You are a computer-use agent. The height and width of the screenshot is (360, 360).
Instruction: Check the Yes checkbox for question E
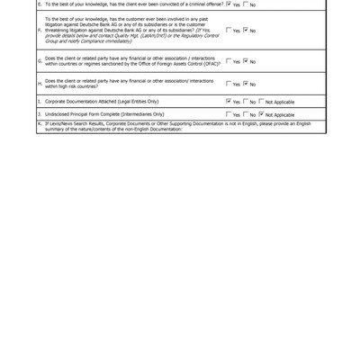click(229, 4)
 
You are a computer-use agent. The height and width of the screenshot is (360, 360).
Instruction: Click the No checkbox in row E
click(245, 4)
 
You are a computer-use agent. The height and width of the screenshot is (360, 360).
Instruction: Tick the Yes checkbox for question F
click(229, 31)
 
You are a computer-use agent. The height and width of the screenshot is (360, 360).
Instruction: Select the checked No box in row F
click(245, 31)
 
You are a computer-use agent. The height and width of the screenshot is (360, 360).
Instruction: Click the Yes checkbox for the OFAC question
click(229, 62)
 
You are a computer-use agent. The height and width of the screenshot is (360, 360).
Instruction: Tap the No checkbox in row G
click(245, 62)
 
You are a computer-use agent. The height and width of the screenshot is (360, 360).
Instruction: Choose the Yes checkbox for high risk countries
click(229, 85)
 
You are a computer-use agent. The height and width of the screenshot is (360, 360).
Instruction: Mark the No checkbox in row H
click(245, 85)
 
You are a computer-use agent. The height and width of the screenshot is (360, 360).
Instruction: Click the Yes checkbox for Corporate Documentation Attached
click(229, 102)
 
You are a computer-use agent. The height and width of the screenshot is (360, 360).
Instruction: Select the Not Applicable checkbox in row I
click(261, 102)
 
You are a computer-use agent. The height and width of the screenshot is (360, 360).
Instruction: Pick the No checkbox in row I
click(245, 102)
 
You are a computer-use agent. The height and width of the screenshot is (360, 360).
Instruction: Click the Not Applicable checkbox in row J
click(261, 115)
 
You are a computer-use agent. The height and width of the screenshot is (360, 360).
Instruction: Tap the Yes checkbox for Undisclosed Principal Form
click(229, 115)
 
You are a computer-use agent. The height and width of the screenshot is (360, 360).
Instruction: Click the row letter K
click(40, 123)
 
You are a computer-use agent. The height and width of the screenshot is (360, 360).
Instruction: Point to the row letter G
click(40, 62)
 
